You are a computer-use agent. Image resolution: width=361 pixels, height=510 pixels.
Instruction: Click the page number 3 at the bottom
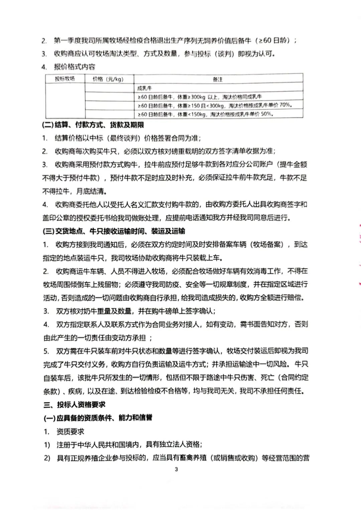[x=176, y=469]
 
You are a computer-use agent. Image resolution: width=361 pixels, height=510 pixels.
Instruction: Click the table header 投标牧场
[x=65, y=79]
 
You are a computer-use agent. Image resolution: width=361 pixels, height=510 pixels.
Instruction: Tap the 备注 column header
[x=218, y=79]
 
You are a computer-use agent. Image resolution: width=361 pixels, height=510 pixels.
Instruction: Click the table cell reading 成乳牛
[x=144, y=88]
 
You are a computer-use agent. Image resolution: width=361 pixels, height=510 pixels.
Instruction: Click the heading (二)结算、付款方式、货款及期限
[x=93, y=125]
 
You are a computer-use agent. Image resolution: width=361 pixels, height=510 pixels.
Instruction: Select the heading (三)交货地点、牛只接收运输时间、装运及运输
[x=114, y=231]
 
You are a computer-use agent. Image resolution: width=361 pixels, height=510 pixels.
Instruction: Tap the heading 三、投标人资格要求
[x=74, y=405]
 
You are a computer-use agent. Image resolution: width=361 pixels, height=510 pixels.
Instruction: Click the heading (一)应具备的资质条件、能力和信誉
[x=98, y=418]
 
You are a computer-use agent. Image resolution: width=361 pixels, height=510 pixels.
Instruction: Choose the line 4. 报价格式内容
[x=68, y=67]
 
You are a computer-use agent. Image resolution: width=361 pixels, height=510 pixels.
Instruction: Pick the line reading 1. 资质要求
[x=64, y=432]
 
